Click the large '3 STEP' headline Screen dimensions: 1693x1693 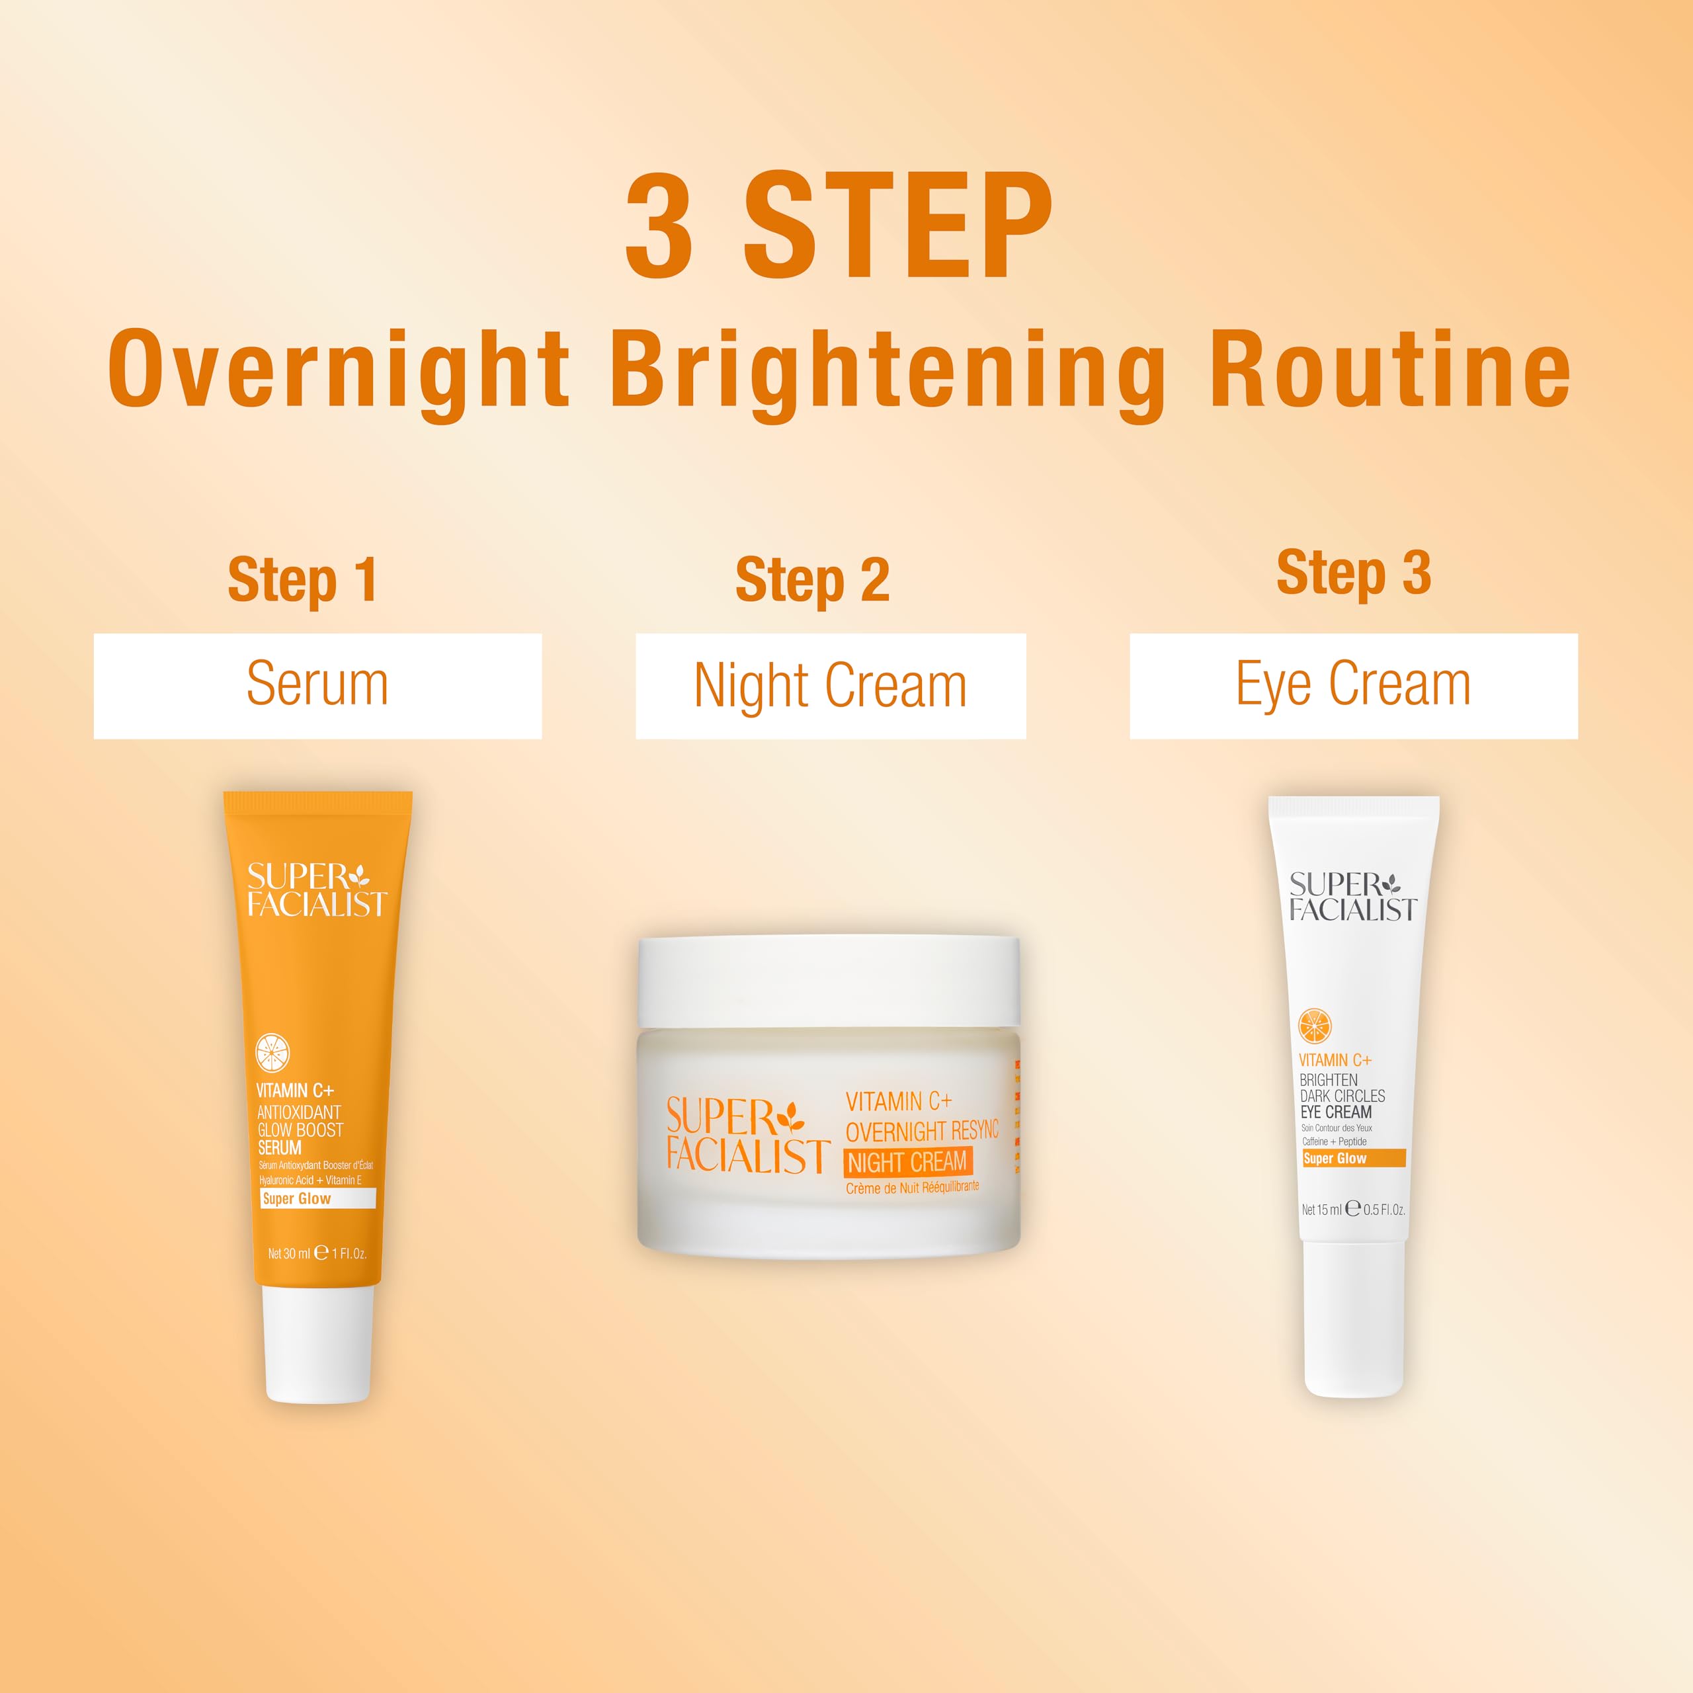839,226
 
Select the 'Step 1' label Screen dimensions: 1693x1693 302,580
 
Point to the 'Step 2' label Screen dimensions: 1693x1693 812,580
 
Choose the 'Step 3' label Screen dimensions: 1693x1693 1353,573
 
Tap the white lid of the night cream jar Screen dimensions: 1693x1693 828,981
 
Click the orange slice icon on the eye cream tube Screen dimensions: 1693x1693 1315,1025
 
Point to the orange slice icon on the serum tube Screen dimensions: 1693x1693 272,1052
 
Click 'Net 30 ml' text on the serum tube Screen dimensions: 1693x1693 289,1254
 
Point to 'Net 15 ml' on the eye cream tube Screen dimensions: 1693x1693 1321,1210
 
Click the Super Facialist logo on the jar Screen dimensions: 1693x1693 747,1136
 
